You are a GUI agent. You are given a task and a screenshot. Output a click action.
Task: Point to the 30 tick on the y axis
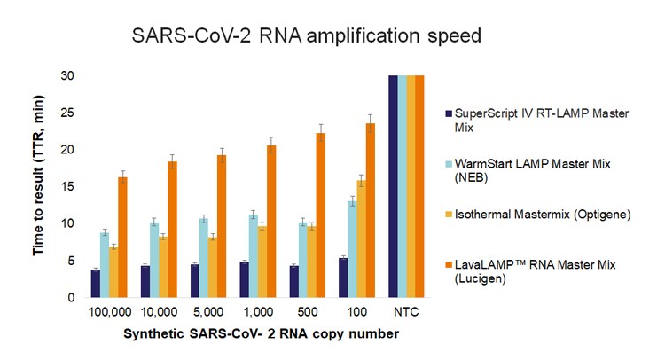click(66, 75)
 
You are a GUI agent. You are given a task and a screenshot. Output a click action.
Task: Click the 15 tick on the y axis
click(66, 186)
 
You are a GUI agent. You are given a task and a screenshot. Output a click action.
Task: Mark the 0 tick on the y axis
click(69, 298)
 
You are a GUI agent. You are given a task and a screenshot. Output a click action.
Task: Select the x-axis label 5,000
click(207, 313)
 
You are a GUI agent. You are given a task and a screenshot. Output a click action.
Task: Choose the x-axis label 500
click(307, 313)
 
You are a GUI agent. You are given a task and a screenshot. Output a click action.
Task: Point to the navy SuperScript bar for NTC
click(393, 186)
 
